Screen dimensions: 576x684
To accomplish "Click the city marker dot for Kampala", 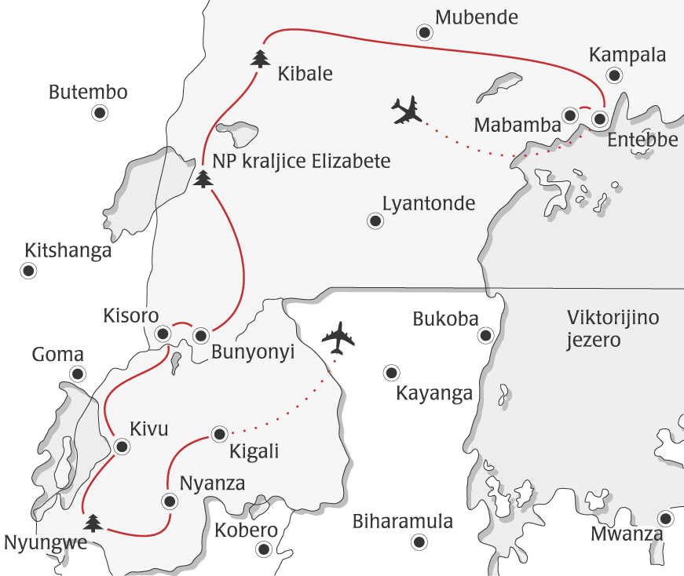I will click(x=614, y=75).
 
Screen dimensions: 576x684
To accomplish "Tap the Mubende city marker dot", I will click(x=425, y=32).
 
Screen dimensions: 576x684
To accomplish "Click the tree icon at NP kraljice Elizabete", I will click(x=203, y=180).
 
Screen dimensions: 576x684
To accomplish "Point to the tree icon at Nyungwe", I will click(x=93, y=521).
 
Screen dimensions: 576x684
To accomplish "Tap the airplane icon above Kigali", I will click(x=338, y=337).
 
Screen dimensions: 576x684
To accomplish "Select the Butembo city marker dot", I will click(x=100, y=113).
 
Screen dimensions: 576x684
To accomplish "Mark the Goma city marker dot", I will click(x=77, y=374).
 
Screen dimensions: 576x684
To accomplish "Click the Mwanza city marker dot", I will click(x=666, y=519).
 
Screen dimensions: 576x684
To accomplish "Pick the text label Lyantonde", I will click(x=429, y=204).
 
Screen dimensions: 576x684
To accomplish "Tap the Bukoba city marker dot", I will click(x=485, y=336).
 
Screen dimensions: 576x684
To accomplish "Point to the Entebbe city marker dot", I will click(x=599, y=119).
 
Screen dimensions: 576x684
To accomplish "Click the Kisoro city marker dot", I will click(x=163, y=333).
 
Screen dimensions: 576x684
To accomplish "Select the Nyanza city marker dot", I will click(x=168, y=501).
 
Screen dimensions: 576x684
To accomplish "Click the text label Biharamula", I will click(x=403, y=521).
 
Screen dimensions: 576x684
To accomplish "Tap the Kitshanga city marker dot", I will click(x=27, y=272).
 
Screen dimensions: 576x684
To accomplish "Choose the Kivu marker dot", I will click(x=122, y=447).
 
